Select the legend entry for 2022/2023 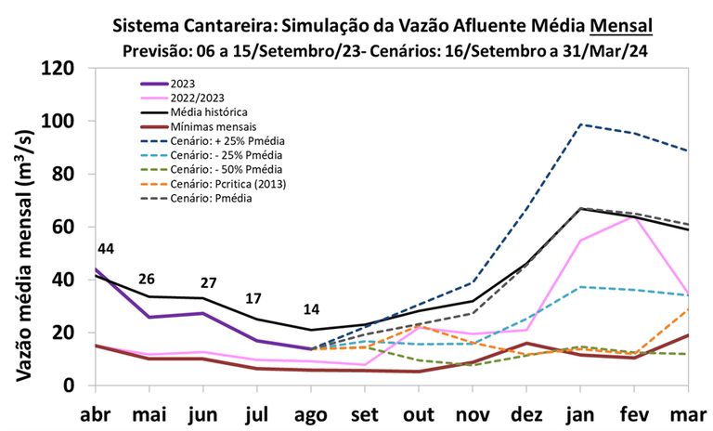197,97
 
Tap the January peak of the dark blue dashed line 583,124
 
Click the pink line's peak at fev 635,216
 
